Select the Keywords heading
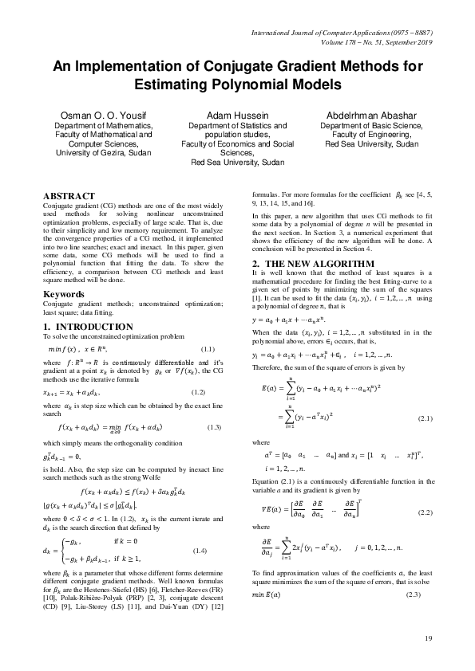point(65,292)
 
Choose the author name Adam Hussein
point(236,115)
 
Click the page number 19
point(428,638)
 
